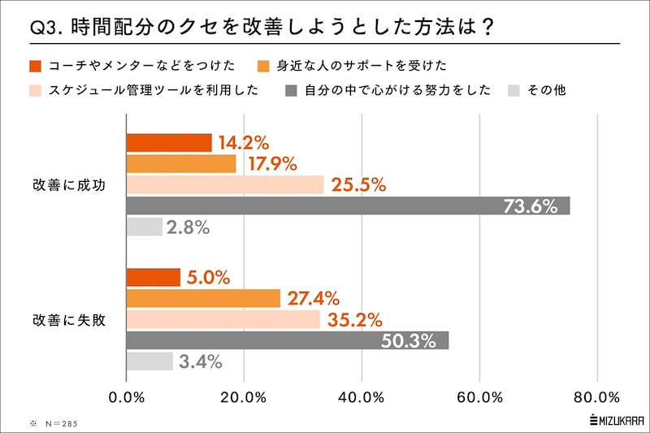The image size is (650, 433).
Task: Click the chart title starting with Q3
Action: (x=260, y=26)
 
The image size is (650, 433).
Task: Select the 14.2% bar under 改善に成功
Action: (x=169, y=142)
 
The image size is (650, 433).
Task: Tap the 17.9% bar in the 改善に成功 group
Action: (x=181, y=163)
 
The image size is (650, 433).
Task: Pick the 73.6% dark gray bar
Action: (x=348, y=206)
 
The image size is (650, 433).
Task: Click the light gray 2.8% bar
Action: (x=145, y=227)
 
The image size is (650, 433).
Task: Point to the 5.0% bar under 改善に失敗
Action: (x=154, y=277)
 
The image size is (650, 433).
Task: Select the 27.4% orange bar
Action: (x=203, y=298)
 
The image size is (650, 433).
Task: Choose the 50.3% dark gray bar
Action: (x=288, y=340)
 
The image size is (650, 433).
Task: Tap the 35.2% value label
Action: (x=354, y=319)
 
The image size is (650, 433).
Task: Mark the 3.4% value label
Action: (x=201, y=362)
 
